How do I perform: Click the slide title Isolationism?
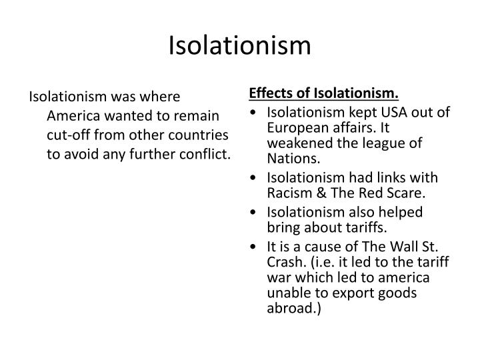(x=240, y=45)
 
